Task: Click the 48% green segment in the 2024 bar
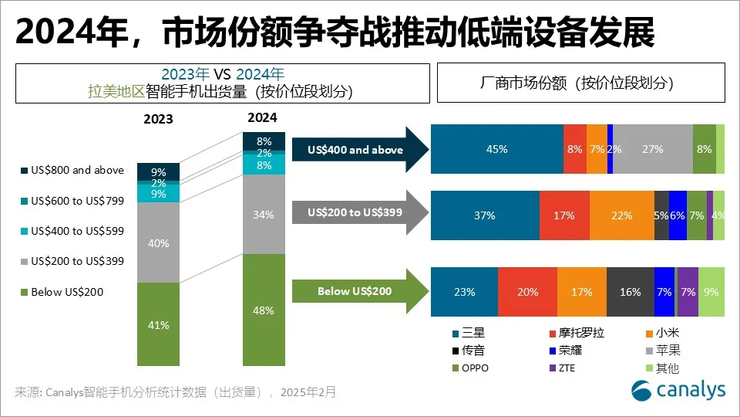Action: point(264,310)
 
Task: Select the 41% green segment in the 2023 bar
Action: point(158,324)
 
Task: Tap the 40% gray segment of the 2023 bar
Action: point(158,242)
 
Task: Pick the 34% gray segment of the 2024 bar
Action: point(264,215)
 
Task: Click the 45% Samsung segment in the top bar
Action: point(496,149)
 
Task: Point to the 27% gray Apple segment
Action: point(652,149)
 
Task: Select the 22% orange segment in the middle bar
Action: point(621,215)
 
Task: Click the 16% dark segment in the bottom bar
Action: point(630,292)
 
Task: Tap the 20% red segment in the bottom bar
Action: point(527,292)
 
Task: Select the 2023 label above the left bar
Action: point(158,120)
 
